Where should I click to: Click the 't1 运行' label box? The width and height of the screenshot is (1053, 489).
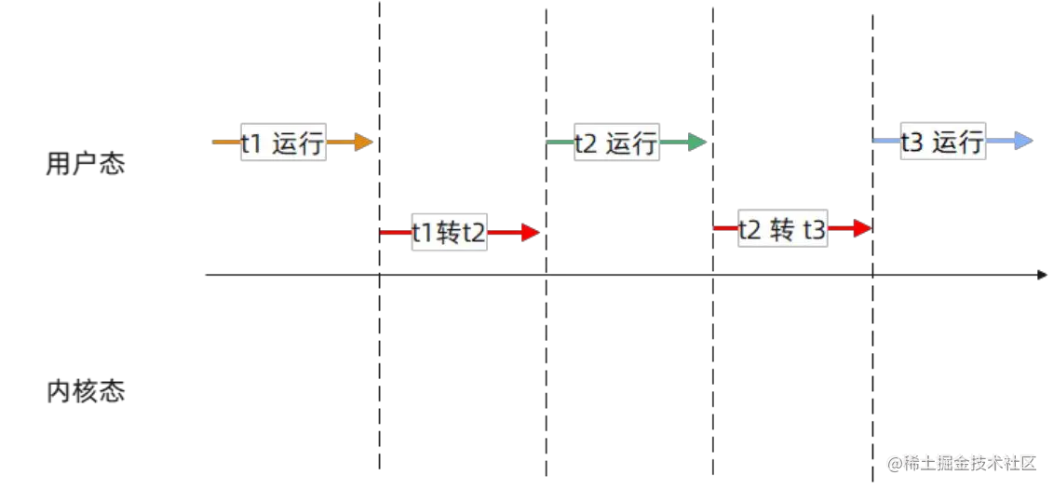pyautogui.click(x=283, y=143)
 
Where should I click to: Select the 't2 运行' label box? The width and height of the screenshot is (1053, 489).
pyautogui.click(x=617, y=143)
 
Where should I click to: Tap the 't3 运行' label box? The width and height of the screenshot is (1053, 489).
pyautogui.click(x=943, y=142)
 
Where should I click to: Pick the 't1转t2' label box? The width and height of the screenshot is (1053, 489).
pyautogui.click(x=449, y=233)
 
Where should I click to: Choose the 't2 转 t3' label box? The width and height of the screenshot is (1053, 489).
pyautogui.click(x=783, y=228)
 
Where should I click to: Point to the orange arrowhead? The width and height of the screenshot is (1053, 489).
pyautogui.click(x=363, y=143)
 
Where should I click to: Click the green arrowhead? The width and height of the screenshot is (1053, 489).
pyautogui.click(x=696, y=143)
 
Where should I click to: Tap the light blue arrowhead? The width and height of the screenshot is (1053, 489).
pyautogui.click(x=1023, y=142)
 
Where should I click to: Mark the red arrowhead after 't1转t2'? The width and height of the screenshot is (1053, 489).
pyautogui.click(x=531, y=233)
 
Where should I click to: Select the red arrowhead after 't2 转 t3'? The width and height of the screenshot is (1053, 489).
pyautogui.click(x=862, y=227)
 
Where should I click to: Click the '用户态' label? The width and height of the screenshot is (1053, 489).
pyautogui.click(x=85, y=165)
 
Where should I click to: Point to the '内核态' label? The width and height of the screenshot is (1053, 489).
pyautogui.click(x=86, y=391)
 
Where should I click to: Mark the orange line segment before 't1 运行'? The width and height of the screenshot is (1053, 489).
pyautogui.click(x=225, y=143)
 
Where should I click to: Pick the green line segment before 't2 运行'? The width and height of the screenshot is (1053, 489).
pyautogui.click(x=560, y=143)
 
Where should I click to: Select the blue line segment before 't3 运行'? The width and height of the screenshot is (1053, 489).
pyautogui.click(x=885, y=142)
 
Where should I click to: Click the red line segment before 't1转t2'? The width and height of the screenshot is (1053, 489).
pyautogui.click(x=395, y=233)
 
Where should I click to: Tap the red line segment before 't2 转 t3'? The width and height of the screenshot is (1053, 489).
pyautogui.click(x=725, y=227)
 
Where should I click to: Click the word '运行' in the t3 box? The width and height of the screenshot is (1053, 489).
pyautogui.click(x=958, y=142)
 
